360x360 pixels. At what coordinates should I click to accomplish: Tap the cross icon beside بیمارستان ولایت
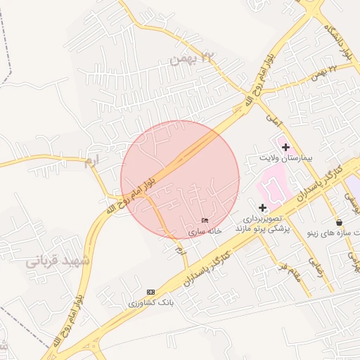tap(285, 147)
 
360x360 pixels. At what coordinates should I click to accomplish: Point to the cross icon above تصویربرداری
tap(262, 207)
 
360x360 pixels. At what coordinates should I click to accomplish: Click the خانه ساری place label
tap(205, 231)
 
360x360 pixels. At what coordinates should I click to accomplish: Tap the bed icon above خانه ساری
tap(205, 221)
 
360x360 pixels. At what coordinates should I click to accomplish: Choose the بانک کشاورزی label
tap(150, 302)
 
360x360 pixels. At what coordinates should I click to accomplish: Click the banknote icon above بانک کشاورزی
tap(150, 292)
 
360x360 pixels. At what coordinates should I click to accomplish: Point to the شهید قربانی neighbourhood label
tap(58, 261)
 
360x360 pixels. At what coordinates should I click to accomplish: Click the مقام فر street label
tap(288, 269)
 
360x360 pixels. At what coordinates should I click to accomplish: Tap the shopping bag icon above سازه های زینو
tap(339, 223)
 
